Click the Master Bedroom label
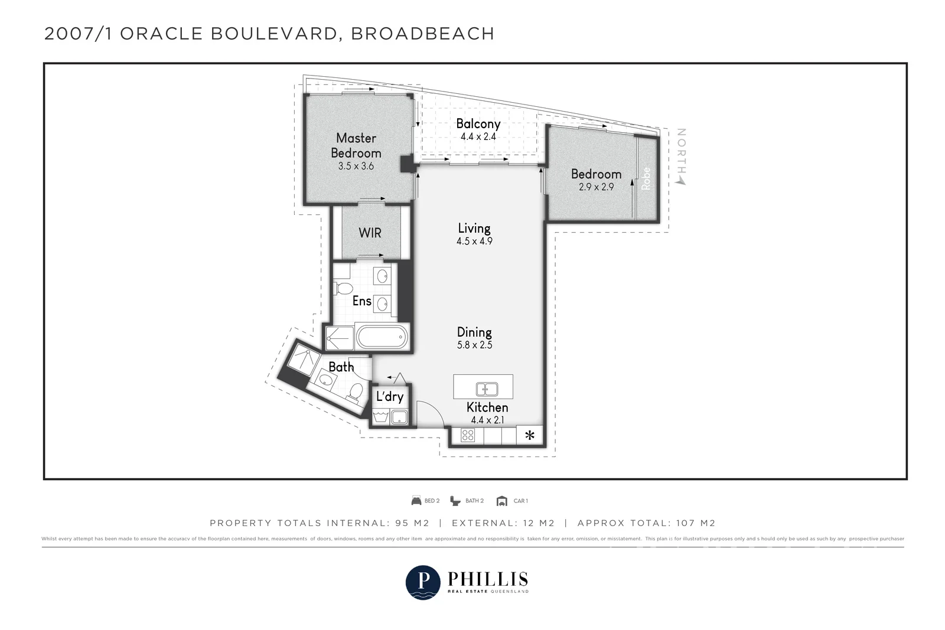click(356, 145)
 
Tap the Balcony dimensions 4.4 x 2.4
click(478, 136)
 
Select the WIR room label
click(370, 233)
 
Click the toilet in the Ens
click(343, 288)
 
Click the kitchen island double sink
click(487, 389)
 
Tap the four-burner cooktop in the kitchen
click(468, 436)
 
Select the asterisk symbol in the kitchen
click(530, 436)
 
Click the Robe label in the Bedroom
click(646, 178)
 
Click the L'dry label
click(389, 396)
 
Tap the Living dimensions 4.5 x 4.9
click(474, 241)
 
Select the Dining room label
click(474, 332)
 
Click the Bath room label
click(341, 367)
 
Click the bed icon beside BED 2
click(416, 501)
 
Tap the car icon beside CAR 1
click(502, 501)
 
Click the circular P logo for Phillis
click(423, 582)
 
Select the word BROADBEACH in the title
click(422, 34)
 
